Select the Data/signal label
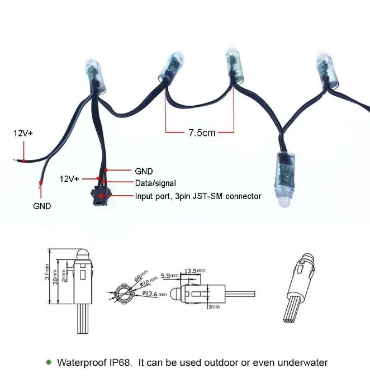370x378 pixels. click(155, 183)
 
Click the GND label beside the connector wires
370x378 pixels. click(144, 171)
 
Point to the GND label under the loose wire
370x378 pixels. click(41, 206)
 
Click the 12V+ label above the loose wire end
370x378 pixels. click(23, 133)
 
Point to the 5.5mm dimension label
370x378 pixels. click(169, 276)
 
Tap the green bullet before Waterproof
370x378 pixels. click(49, 362)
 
